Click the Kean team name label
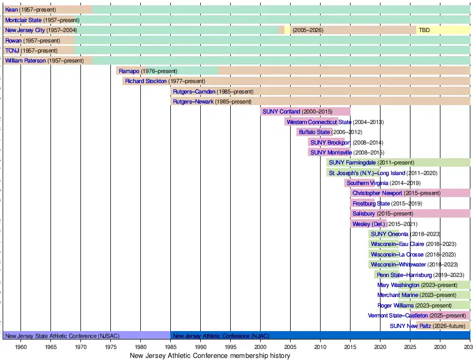(x=12, y=9)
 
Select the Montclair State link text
(x=23, y=20)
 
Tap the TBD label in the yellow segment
(x=424, y=30)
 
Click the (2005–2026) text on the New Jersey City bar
(x=308, y=30)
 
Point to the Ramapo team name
(x=129, y=71)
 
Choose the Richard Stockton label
(x=146, y=81)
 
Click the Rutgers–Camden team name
(x=194, y=92)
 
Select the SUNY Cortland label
(x=281, y=111)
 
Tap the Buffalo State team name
(x=314, y=132)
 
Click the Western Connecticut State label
(x=319, y=122)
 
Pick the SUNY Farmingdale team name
(x=352, y=162)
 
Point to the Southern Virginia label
(x=367, y=183)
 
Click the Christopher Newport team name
(x=377, y=193)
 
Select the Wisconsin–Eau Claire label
(x=397, y=244)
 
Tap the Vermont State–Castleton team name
(x=398, y=316)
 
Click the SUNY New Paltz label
(x=410, y=326)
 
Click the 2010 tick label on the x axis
(x=320, y=347)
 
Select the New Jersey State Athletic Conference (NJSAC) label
(x=62, y=336)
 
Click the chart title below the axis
(x=210, y=355)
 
